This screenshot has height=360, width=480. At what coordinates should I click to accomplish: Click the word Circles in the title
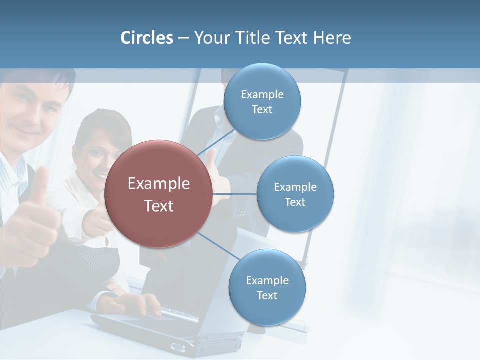pos(147,38)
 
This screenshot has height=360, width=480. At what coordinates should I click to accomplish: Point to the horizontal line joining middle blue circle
pos(235,194)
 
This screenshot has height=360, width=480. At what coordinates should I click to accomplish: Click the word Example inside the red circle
pos(159,184)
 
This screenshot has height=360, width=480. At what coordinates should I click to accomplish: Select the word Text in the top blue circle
pos(262,110)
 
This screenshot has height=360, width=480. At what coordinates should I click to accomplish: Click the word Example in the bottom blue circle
pos(267,280)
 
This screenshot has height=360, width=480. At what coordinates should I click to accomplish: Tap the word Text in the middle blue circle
pos(295,202)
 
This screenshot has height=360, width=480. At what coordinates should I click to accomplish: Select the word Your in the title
pos(210,38)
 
